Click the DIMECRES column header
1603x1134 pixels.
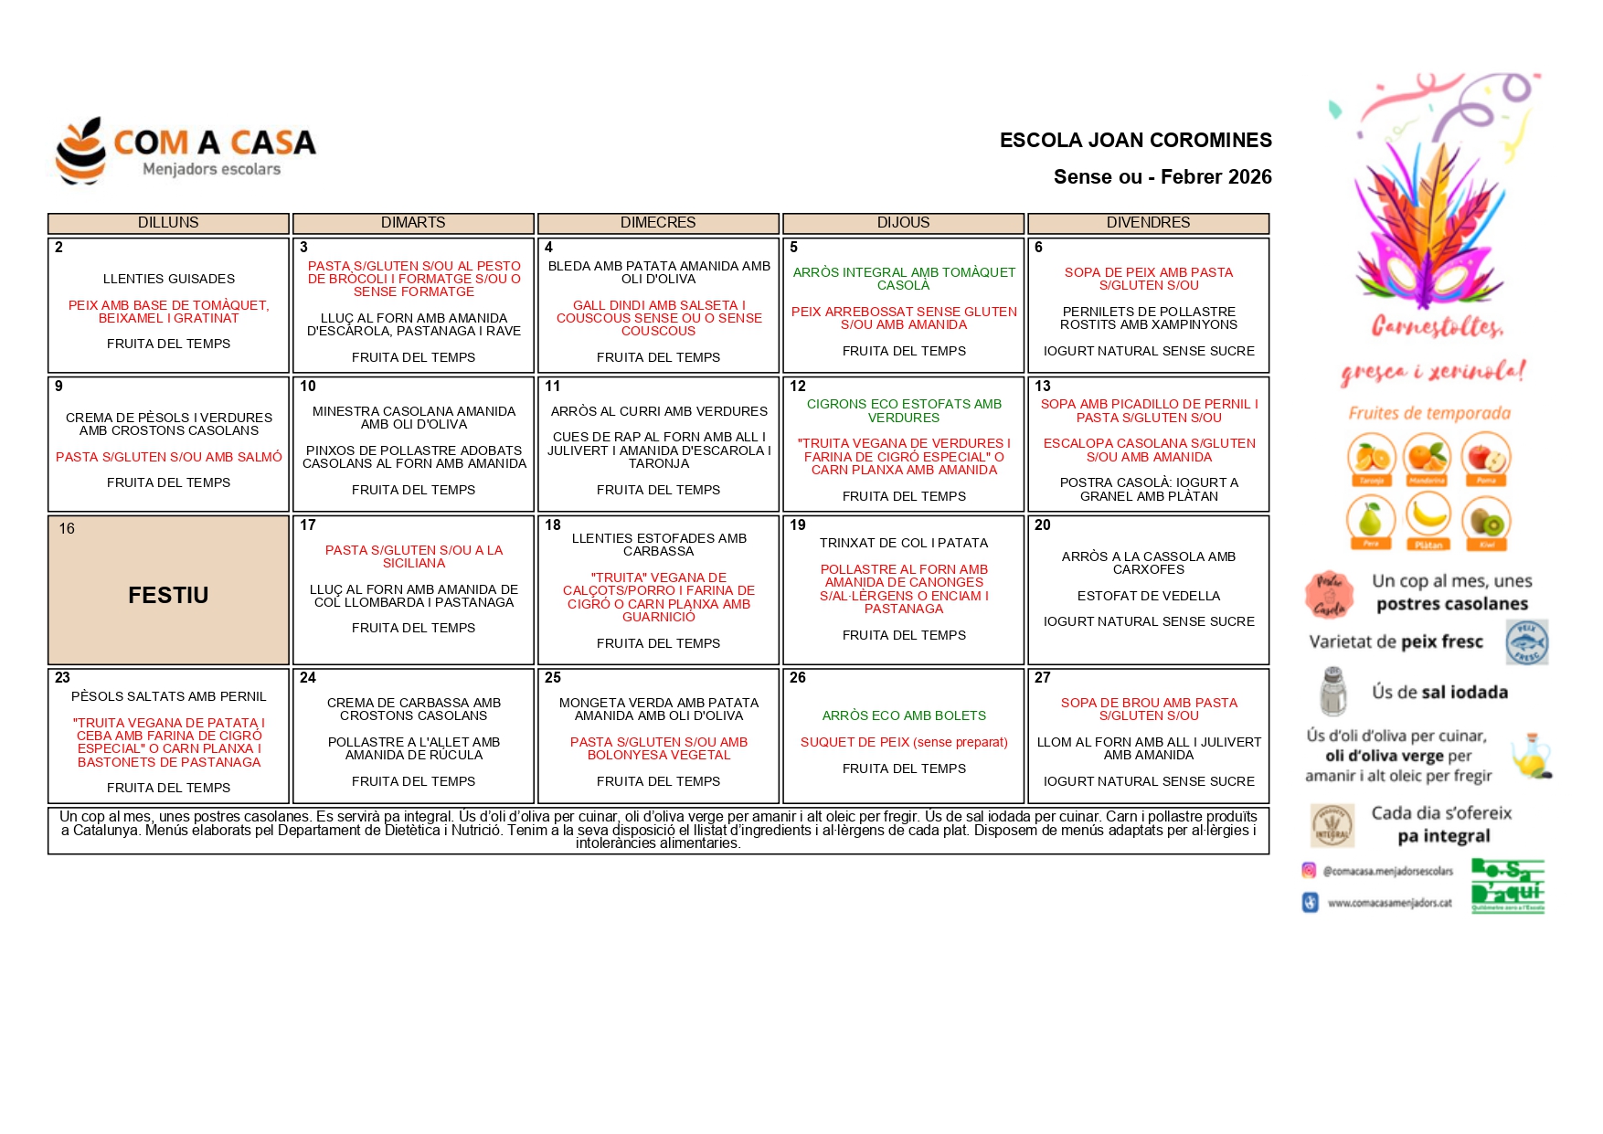pos(658,223)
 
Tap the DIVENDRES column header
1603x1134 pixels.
pos(1148,223)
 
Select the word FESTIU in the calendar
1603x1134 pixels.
pos(168,596)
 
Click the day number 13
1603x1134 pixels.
pos(1043,387)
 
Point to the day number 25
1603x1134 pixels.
pos(553,678)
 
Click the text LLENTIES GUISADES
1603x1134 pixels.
pos(169,279)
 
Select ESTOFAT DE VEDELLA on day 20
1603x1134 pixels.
pos(1149,596)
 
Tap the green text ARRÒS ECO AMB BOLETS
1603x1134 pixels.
pos(904,715)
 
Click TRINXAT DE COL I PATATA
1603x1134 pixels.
pos(904,543)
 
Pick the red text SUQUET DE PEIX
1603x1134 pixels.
pos(904,742)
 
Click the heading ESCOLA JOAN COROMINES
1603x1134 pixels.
pos(1135,141)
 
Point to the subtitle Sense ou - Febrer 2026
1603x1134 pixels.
pos(1162,177)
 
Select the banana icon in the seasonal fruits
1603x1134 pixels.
pos(1428,517)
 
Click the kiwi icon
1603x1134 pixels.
pos(1486,521)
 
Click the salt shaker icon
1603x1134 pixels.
pos(1333,692)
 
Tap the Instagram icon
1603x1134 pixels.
pos(1310,871)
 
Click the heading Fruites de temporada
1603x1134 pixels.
pos(1429,414)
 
